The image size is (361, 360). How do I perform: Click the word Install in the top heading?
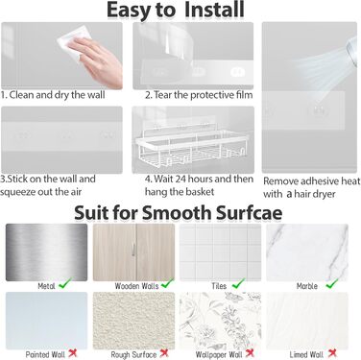pos(214,10)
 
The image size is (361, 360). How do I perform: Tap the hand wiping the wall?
pos(100,61)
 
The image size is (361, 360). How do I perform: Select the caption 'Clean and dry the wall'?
pos(57,95)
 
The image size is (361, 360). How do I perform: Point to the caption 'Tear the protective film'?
pos(204,95)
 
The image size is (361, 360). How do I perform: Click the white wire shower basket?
pos(193,147)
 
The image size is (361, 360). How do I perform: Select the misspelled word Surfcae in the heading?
pos(249,212)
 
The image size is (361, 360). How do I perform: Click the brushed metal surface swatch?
pos(46,252)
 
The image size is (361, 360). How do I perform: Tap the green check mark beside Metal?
pos(65,283)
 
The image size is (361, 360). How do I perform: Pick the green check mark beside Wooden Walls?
pos(167,283)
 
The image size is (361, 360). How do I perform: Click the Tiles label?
pos(219,286)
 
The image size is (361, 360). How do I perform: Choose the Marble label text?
pos(307,286)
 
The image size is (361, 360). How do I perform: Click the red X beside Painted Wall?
pos(73,352)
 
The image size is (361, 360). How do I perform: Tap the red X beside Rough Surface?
pos(164,352)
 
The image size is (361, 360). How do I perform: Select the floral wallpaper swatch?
pos(221,321)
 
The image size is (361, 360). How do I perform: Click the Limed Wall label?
pos(306,354)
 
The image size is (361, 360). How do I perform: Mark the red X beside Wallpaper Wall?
pos(250,352)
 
